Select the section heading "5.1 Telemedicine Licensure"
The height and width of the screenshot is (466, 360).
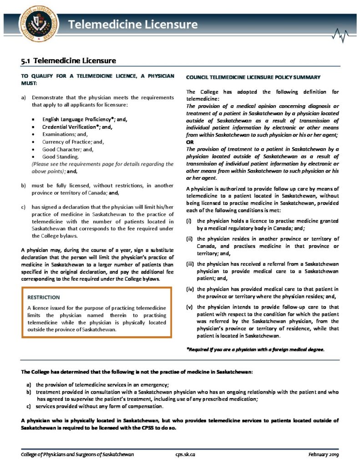[68, 61]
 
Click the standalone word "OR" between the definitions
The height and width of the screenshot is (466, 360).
[191, 142]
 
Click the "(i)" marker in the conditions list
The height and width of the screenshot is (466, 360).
[189, 221]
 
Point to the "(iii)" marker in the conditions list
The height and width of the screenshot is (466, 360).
[191, 264]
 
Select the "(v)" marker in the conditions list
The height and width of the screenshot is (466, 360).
[190, 307]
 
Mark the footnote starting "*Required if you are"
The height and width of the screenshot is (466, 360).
[255, 349]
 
